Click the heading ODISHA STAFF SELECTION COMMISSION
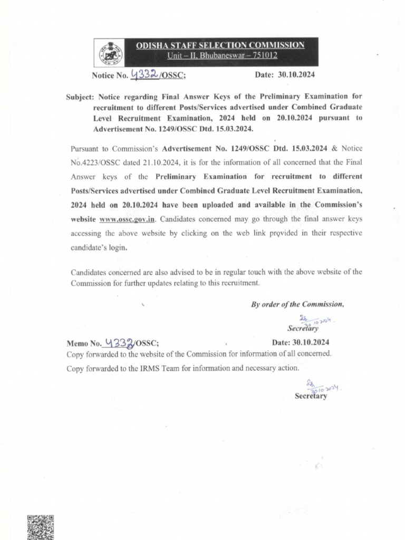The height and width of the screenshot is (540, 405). point(220,45)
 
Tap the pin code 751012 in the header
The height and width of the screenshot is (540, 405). point(264,56)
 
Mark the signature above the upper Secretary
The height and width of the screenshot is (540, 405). point(315,320)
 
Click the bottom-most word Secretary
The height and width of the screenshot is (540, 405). point(311,396)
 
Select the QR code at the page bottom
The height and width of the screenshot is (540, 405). point(40,527)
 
